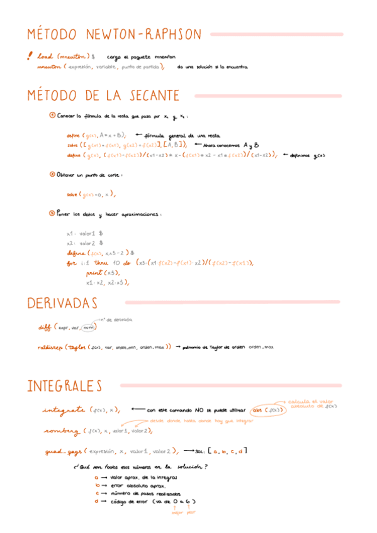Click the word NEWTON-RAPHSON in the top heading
(x=144, y=34)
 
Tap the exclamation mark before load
(x=30, y=56)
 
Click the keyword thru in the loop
(x=101, y=263)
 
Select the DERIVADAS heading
(x=62, y=303)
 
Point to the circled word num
(x=90, y=327)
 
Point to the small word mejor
(x=178, y=512)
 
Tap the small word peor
(x=191, y=512)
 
